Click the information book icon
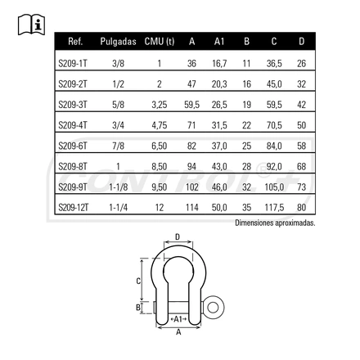[31, 25]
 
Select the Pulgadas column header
[118, 42]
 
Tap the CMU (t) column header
[160, 42]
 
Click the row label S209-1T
[73, 64]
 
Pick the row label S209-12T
[74, 208]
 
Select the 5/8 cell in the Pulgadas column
[118, 105]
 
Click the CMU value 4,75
[160, 125]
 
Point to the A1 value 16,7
[219, 64]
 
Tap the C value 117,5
[274, 208]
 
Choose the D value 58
[301, 146]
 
